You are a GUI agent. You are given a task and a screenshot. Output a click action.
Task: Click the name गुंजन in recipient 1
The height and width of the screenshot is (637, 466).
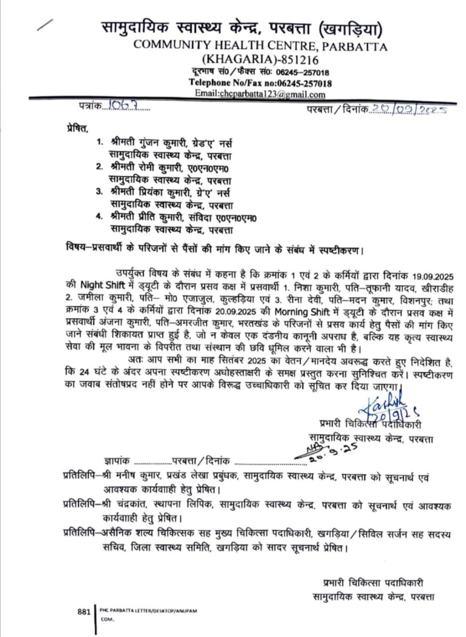tap(152, 143)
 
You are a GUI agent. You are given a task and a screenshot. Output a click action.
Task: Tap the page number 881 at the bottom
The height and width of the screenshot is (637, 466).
tap(84, 612)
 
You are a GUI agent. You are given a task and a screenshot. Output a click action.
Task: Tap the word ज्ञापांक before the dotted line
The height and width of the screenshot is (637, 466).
tap(117, 461)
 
